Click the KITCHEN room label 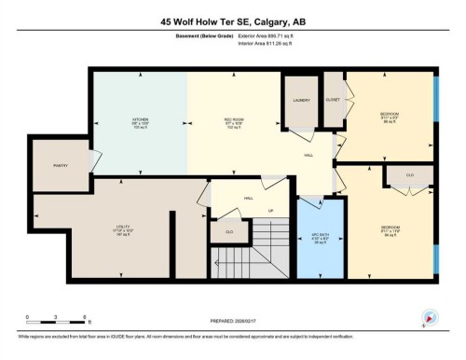tap(140, 120)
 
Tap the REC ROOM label tap(234, 120)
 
